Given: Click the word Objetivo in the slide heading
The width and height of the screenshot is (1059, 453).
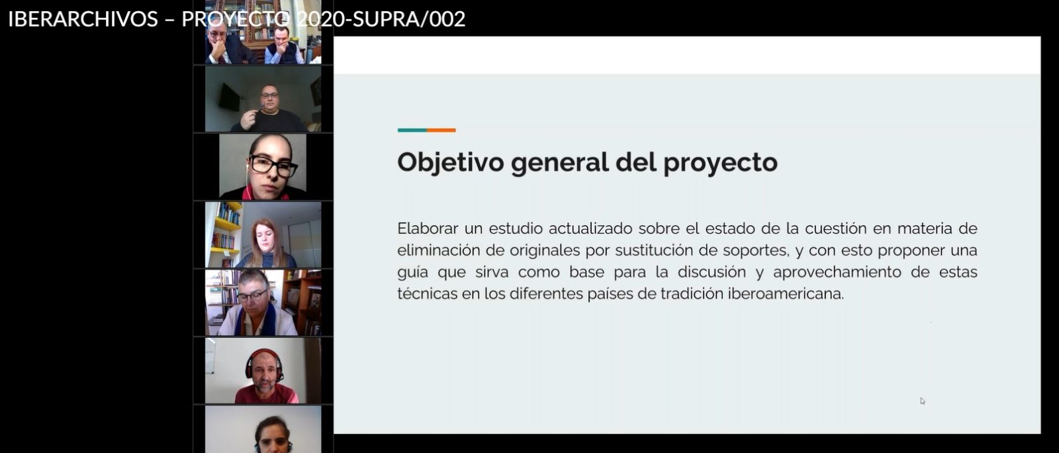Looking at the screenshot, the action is coord(451,162).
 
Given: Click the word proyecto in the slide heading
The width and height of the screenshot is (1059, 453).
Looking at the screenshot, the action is coord(721,163).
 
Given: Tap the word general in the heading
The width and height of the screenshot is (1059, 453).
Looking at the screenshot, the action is coord(560,163).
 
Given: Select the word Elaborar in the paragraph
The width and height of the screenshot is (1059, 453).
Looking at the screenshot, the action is coord(428,228).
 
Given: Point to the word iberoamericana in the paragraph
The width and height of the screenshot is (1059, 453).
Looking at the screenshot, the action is coord(786,293).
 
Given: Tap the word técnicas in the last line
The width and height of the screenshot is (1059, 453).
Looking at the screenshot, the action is coord(427,293).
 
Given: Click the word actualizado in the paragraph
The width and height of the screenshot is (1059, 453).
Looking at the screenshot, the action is coord(590,228).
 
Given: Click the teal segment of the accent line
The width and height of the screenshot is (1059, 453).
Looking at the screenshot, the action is coord(412,130).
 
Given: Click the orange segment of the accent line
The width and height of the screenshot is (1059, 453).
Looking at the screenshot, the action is coord(441,130).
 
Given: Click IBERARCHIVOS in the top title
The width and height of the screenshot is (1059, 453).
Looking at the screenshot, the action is coord(83,19).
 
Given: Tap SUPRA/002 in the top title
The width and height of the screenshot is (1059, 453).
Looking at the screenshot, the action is coord(409,19).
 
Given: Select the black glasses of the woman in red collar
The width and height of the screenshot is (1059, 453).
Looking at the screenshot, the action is coord(273,166).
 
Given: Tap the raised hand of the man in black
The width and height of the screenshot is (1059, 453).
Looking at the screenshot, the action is coord(249,119).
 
